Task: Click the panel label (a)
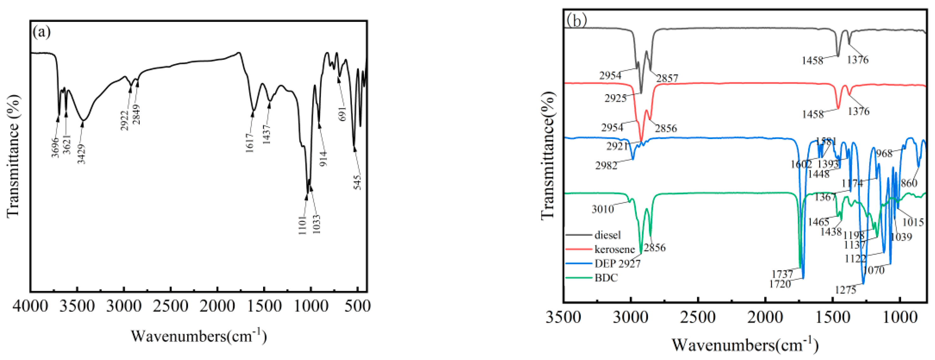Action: click(42, 32)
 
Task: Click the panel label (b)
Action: click(577, 20)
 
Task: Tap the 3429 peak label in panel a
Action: click(81, 154)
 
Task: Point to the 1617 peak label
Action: click(250, 143)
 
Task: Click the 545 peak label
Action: click(358, 183)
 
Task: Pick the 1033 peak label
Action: click(317, 224)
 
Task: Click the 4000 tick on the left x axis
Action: click(30, 307)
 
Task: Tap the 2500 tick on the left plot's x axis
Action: click(171, 307)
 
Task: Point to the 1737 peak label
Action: click(782, 274)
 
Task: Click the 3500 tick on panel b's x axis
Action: click(563, 318)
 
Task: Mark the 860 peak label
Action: click(909, 183)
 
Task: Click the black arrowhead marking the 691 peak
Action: click(339, 80)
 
